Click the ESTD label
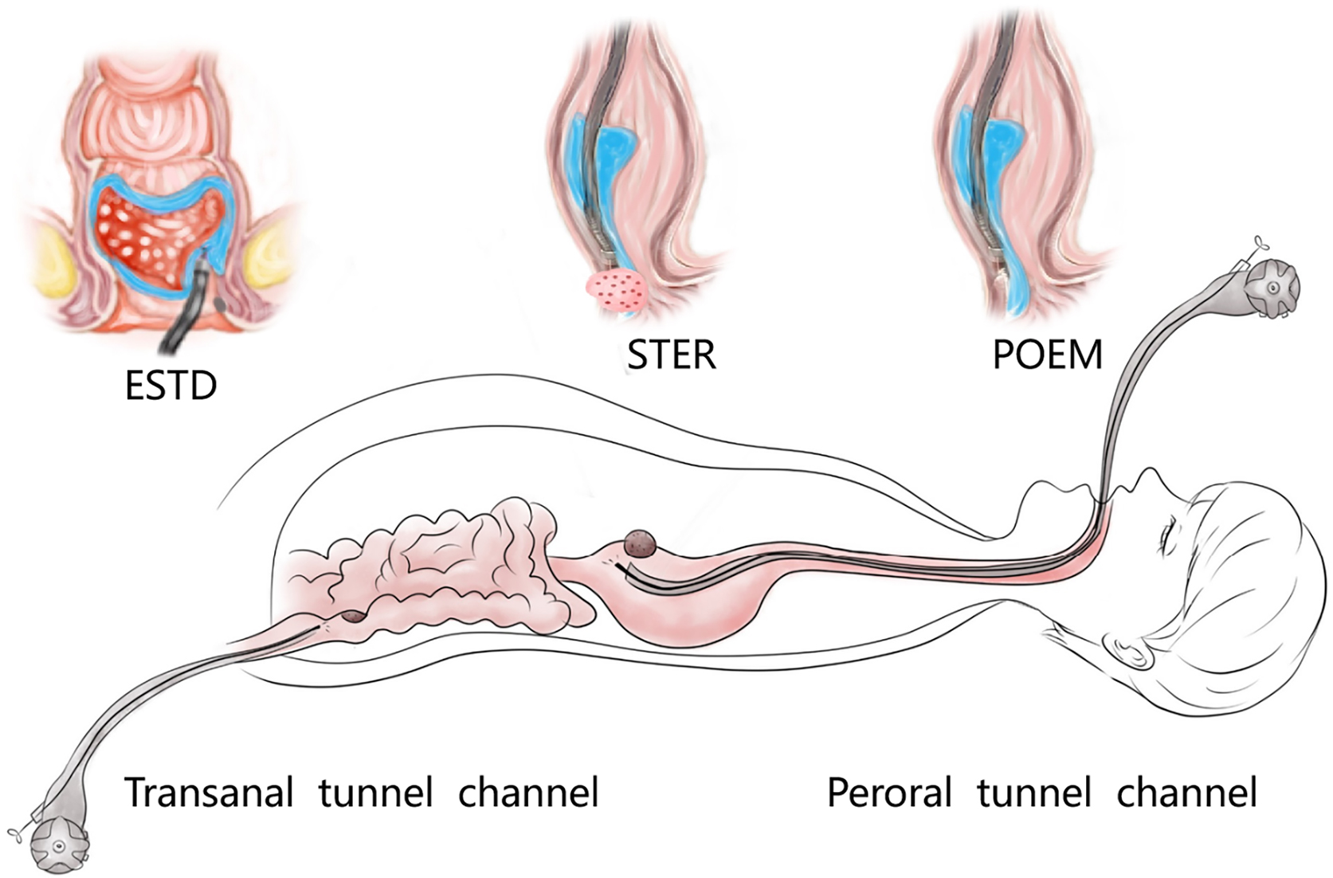pos(171,386)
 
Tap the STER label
pos(671,355)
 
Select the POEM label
pos(1047,355)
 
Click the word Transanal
pos(209,793)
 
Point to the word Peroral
pos(889,793)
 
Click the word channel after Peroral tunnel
pos(1187,793)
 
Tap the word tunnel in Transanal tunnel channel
pos(375,793)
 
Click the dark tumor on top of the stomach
pos(641,543)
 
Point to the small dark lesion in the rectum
pos(352,616)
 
